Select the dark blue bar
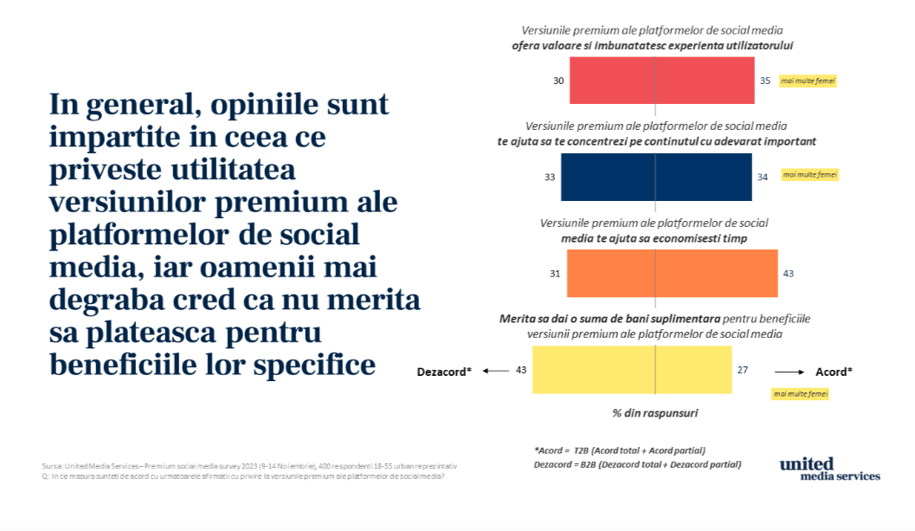click(x=655, y=177)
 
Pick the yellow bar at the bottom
click(x=632, y=370)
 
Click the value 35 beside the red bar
click(x=765, y=81)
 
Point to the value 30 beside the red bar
click(x=558, y=81)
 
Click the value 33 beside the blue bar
click(x=550, y=177)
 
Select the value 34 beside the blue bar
click(x=763, y=177)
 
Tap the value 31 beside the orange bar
click(x=555, y=274)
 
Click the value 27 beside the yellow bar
click(x=743, y=370)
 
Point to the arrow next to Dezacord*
click(x=495, y=371)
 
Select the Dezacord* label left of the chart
click(x=444, y=371)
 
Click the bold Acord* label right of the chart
click(x=834, y=372)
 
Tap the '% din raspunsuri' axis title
click(x=655, y=413)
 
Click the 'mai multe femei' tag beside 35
click(x=809, y=81)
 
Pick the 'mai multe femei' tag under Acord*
click(x=800, y=394)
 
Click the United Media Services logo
click(x=829, y=469)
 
